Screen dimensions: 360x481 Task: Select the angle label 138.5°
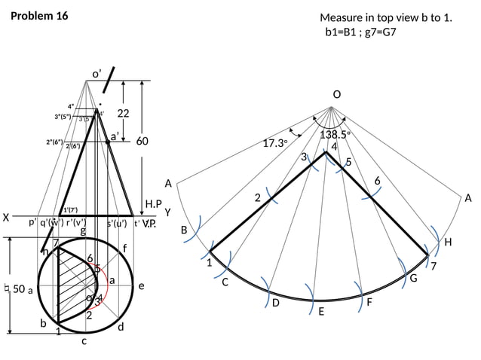point(335,135)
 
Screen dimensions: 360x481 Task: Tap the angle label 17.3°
point(275,142)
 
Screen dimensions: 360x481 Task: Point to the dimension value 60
point(142,141)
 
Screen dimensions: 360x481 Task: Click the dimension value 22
point(124,113)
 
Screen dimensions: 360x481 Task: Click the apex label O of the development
point(336,94)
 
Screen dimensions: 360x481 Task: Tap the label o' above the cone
point(97,73)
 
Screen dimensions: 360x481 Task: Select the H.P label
point(154,204)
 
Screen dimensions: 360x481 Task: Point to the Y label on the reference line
point(168,212)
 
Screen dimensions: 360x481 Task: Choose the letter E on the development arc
point(320,311)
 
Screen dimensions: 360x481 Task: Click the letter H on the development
point(448,243)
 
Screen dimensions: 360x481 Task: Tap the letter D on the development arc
point(275,303)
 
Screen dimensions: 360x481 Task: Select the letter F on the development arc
point(369,302)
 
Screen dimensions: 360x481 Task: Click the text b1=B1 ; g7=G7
point(360,32)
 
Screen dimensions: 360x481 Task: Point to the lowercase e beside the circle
point(141,287)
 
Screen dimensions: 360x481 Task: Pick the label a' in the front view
point(115,136)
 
